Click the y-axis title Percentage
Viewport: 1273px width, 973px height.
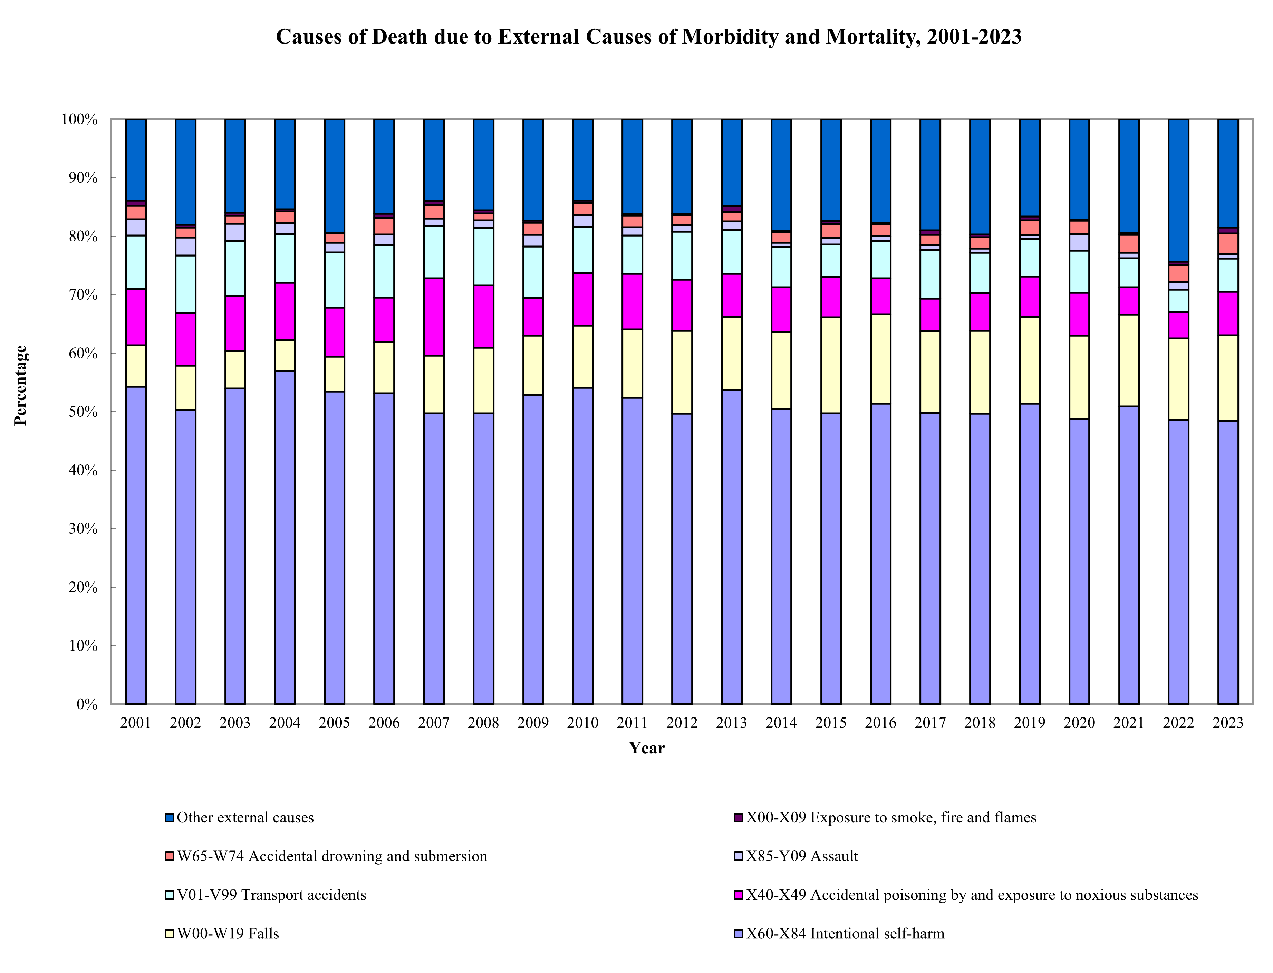(20, 385)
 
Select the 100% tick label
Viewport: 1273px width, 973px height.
(79, 119)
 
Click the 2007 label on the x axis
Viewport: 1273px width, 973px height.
(433, 723)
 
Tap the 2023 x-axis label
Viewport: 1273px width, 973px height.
(1228, 723)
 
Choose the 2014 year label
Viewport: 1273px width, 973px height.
(781, 723)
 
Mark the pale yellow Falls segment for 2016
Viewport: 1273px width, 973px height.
(880, 359)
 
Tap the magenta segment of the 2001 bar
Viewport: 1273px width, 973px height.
(136, 317)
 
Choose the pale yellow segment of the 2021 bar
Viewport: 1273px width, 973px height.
(1128, 360)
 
